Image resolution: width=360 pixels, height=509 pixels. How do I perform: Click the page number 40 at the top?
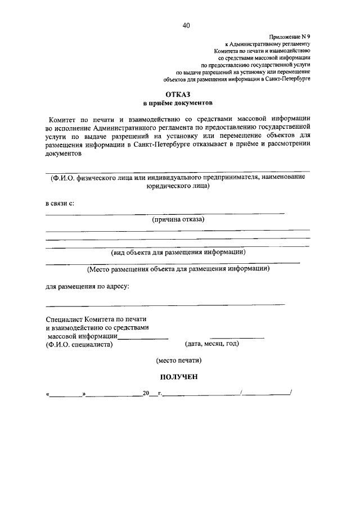click(186, 25)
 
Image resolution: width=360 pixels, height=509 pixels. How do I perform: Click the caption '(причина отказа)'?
click(178, 219)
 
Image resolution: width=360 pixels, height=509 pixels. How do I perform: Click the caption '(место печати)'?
click(178, 360)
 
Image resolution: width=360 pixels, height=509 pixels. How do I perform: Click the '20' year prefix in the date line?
click(146, 394)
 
